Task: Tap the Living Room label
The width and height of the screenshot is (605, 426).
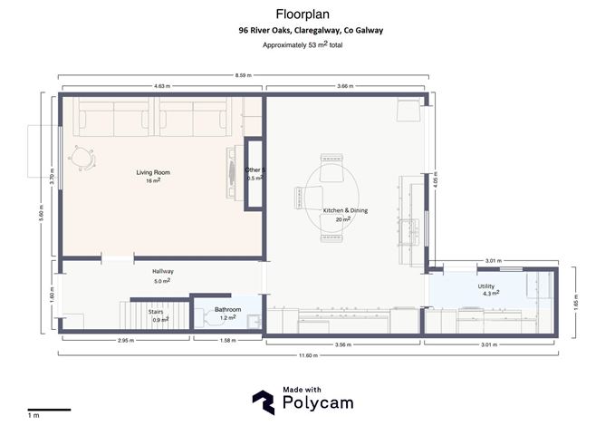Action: [153, 172]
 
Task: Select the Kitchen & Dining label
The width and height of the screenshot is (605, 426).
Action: [345, 210]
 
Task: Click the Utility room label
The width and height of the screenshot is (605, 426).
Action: [486, 286]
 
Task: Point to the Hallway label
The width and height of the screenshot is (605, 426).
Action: [163, 271]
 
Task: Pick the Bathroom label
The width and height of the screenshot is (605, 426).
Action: [227, 310]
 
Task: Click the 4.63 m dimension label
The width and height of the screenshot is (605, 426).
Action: [162, 86]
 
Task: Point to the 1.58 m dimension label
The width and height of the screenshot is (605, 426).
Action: [227, 341]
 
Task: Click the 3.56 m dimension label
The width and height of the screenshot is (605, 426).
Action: [342, 344]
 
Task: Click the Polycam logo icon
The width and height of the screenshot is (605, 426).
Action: [264, 401]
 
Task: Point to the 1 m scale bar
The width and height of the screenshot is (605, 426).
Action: [47, 409]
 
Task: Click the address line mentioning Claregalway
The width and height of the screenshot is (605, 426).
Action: [311, 30]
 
